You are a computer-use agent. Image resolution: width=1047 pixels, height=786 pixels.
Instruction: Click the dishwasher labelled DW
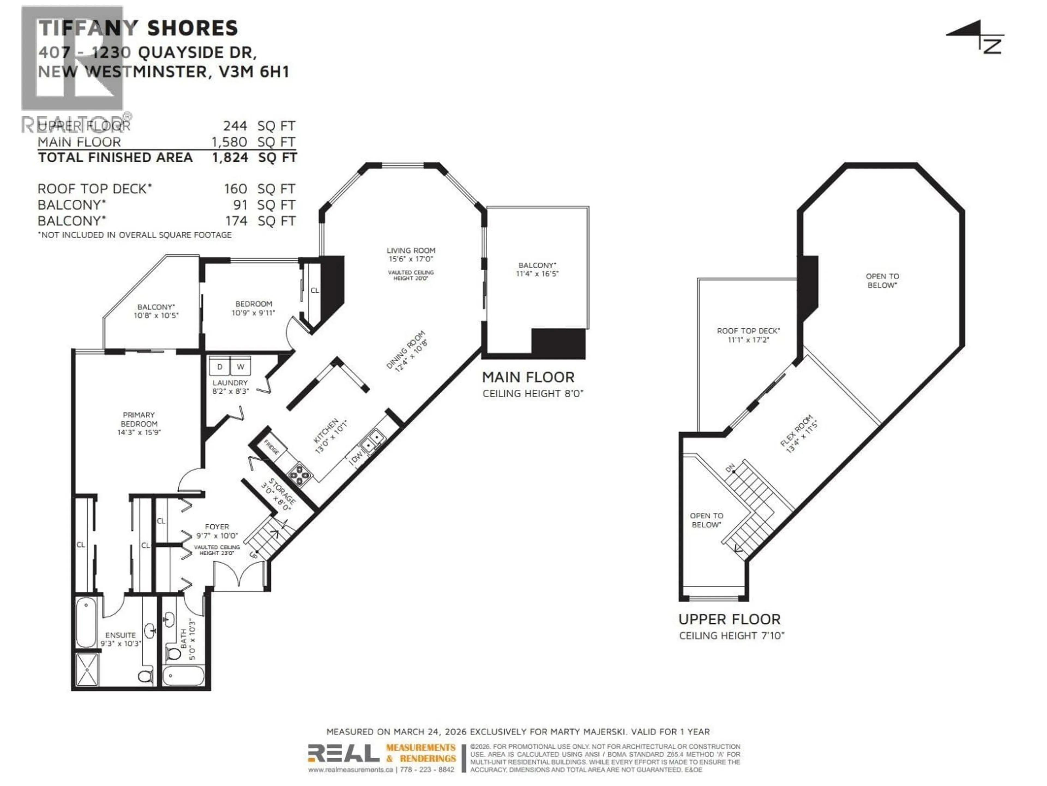point(356,457)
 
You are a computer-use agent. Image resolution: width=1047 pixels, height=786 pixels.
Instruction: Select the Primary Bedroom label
point(139,419)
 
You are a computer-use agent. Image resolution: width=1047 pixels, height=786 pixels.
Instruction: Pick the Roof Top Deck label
point(748,331)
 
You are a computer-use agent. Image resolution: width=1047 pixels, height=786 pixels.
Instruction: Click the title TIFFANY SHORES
point(138,28)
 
